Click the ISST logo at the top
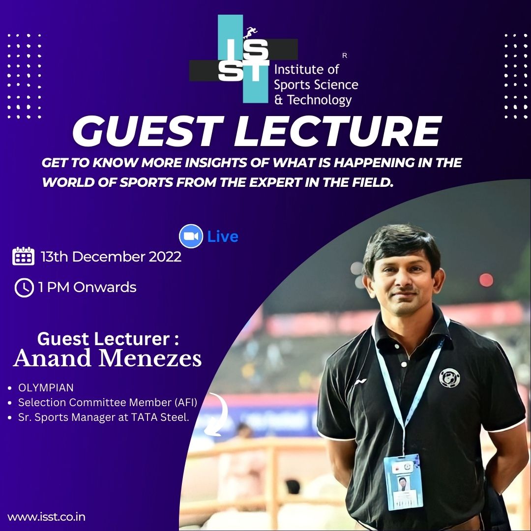click(243, 59)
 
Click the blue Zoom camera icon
click(191, 236)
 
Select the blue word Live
click(223, 236)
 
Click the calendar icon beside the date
click(24, 256)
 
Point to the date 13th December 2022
click(111, 257)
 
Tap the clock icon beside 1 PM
click(25, 288)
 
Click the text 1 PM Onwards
click(88, 287)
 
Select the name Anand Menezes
click(107, 358)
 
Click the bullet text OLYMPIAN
click(46, 387)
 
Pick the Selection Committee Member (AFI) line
click(108, 402)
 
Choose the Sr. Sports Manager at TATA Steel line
click(104, 417)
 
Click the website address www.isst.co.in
click(46, 517)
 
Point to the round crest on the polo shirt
click(449, 378)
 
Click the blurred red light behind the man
click(486, 280)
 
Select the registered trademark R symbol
click(345, 56)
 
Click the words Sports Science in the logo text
click(316, 85)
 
